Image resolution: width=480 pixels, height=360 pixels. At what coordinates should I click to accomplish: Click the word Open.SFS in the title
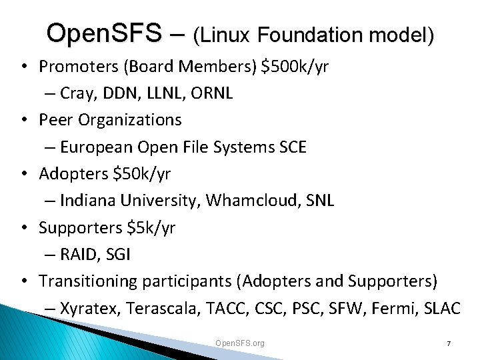pyautogui.click(x=104, y=33)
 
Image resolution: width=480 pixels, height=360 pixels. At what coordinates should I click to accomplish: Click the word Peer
pyautogui.click(x=55, y=120)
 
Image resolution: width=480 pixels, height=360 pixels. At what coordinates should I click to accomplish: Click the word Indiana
pyautogui.click(x=85, y=201)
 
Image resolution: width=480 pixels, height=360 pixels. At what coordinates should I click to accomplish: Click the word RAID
pyautogui.click(x=77, y=255)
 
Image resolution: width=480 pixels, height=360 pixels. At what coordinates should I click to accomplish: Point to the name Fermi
pyautogui.click(x=395, y=309)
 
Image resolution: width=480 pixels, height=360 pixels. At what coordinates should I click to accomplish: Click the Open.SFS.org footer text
pyautogui.click(x=240, y=343)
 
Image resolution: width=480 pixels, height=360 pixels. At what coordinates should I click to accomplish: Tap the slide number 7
pyautogui.click(x=449, y=343)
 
